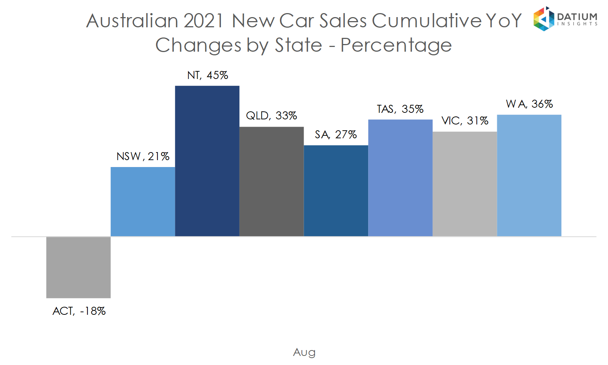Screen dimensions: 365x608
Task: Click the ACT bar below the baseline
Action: (x=78, y=267)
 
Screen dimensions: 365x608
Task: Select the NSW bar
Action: (x=143, y=202)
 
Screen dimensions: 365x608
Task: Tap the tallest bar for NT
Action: (x=207, y=161)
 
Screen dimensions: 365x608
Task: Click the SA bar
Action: (x=336, y=191)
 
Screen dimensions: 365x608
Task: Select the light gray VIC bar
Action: (x=465, y=184)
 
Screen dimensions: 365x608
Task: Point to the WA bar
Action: (x=529, y=175)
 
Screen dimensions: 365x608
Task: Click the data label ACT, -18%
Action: (x=79, y=311)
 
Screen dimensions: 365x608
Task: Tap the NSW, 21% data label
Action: (x=143, y=156)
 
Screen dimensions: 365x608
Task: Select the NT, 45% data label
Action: (x=207, y=75)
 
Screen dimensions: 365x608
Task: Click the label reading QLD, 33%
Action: (x=272, y=116)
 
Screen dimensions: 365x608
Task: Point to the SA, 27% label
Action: (x=336, y=135)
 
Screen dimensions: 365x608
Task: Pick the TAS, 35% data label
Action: (x=400, y=109)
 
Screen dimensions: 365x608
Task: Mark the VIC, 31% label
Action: (x=465, y=121)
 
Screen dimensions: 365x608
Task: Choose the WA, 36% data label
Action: (x=529, y=104)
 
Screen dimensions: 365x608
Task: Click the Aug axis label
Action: (x=304, y=352)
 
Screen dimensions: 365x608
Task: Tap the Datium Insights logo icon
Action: (x=543, y=19)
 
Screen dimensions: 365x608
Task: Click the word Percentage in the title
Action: (x=396, y=45)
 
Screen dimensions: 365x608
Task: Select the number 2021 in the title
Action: (x=203, y=21)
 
